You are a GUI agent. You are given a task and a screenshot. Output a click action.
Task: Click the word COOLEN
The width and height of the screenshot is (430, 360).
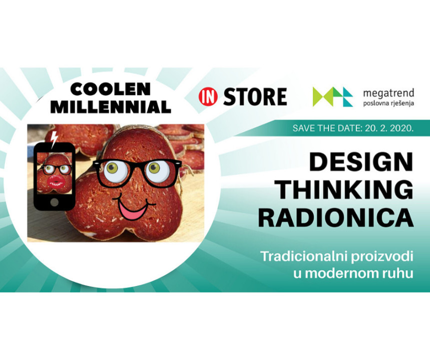point(111,89)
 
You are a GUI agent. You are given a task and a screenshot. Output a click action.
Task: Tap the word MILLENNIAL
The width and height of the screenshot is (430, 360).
point(111,106)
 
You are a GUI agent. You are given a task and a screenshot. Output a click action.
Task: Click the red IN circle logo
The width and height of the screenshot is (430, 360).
point(208,96)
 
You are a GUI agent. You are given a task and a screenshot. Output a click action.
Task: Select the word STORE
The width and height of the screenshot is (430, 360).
point(255,96)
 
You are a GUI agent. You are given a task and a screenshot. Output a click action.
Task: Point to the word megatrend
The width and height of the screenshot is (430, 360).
point(388,93)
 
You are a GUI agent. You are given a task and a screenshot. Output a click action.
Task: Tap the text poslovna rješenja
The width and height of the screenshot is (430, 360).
point(388,103)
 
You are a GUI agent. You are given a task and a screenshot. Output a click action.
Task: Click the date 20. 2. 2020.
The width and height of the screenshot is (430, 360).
point(389,128)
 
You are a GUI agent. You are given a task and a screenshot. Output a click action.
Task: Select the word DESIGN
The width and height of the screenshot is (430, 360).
point(361,161)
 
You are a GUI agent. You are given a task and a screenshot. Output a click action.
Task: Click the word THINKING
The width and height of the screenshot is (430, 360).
point(345,190)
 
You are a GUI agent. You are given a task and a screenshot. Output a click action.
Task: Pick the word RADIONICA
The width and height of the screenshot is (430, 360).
point(336,218)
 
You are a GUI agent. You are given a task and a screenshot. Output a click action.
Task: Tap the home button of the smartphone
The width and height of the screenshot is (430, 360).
point(54,202)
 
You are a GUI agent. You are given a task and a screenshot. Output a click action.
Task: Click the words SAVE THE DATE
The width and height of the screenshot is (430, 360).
point(326,128)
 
